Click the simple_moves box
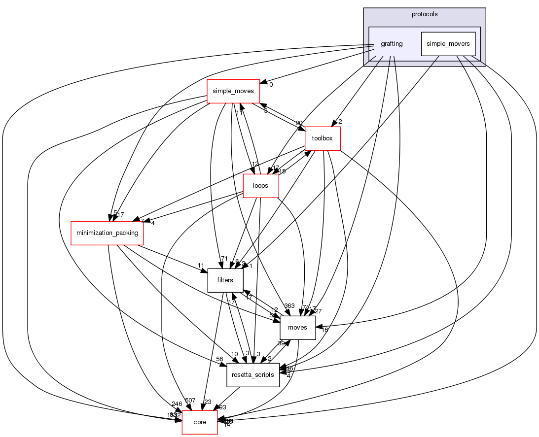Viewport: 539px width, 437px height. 233,91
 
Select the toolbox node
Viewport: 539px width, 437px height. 323,138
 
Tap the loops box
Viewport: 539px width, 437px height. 261,186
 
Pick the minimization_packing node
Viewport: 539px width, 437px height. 107,233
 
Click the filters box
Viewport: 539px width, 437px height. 225,280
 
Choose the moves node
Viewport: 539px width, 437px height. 297,328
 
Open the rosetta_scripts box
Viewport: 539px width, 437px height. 253,375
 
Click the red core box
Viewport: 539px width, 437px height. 200,422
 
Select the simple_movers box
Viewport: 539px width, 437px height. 448,43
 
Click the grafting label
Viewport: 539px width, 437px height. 392,44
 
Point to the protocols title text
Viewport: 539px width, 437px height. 425,14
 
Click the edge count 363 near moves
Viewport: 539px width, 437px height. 289,306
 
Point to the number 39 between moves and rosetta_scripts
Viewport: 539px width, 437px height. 281,343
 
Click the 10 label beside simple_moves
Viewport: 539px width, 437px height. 270,85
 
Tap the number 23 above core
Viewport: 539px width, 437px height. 208,402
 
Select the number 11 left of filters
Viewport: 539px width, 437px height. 201,266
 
